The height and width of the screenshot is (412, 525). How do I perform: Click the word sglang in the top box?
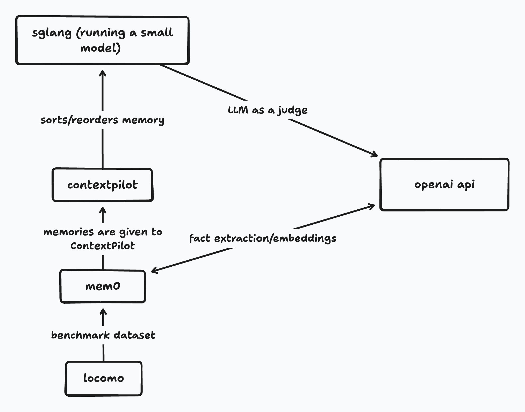click(52, 33)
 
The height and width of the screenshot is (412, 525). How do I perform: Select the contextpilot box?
click(103, 185)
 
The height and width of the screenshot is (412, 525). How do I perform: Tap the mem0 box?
click(103, 286)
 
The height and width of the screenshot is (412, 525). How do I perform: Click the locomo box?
click(103, 378)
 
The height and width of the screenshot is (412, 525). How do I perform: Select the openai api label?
click(444, 185)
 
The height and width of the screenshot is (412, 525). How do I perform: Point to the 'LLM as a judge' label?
click(268, 110)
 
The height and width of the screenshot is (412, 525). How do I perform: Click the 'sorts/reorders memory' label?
click(102, 120)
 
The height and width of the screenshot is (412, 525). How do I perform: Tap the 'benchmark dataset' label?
click(103, 335)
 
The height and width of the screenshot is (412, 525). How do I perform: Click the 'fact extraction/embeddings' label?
click(263, 238)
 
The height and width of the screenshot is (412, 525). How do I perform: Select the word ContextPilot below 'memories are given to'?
click(103, 246)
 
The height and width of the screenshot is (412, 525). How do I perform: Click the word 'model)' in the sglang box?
click(100, 48)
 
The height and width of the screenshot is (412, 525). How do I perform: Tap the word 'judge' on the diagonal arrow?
click(293, 111)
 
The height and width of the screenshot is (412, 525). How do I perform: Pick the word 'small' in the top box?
click(157, 33)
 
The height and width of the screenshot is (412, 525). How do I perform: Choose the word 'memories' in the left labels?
click(68, 232)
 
